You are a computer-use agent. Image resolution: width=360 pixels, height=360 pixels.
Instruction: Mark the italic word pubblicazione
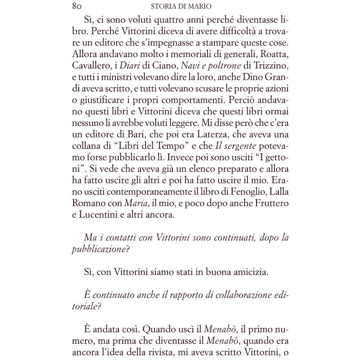[98, 249]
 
